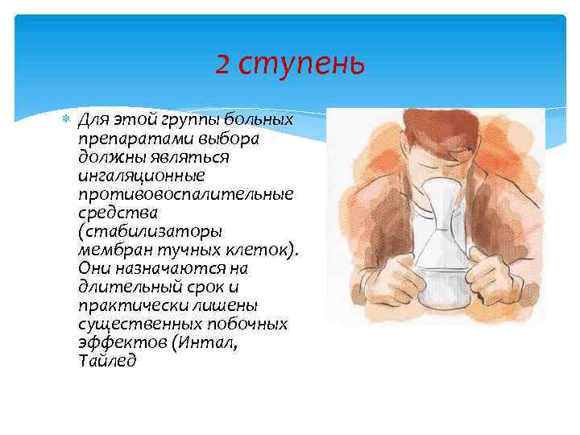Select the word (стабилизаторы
click(x=150, y=231)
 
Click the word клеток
click(x=262, y=250)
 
